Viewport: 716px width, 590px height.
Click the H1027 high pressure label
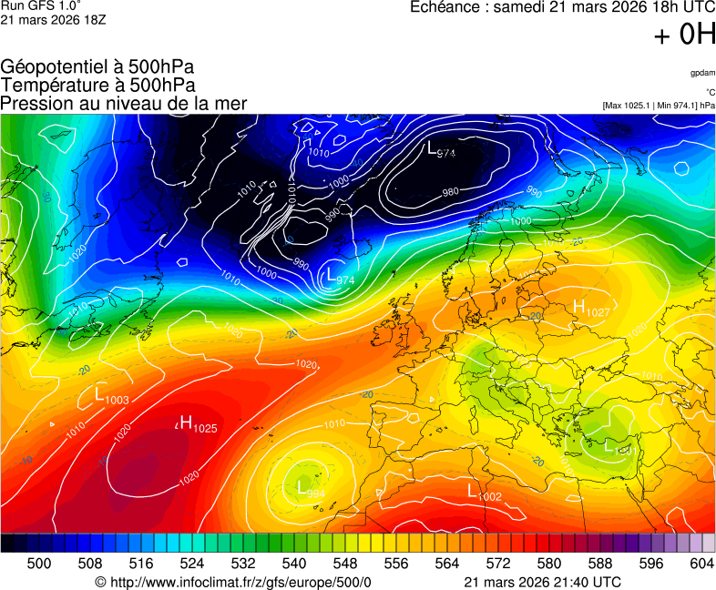click(x=591, y=308)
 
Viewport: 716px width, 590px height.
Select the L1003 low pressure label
click(x=112, y=395)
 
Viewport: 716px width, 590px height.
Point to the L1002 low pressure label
click(x=484, y=493)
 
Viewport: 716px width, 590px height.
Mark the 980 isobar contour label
click(x=450, y=192)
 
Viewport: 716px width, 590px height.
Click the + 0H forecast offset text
click(x=684, y=35)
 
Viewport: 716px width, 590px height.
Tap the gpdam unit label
click(x=702, y=73)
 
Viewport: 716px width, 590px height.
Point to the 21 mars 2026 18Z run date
click(x=53, y=19)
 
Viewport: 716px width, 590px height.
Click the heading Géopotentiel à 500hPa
click(x=97, y=67)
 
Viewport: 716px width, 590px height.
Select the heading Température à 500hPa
click(x=97, y=85)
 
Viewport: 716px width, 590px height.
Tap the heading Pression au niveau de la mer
click(x=124, y=103)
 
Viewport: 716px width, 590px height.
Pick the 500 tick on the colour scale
click(x=39, y=564)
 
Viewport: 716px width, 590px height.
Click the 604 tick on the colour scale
click(x=701, y=564)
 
